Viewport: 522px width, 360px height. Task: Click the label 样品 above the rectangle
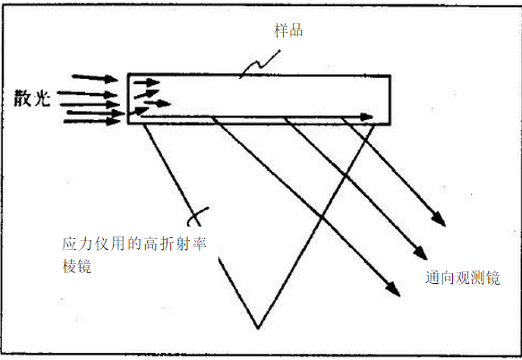(x=288, y=30)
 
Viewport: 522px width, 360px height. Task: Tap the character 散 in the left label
(x=22, y=99)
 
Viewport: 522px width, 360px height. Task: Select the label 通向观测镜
(x=462, y=278)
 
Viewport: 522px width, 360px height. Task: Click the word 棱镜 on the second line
(x=77, y=266)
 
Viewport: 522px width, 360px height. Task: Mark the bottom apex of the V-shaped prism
(x=258, y=329)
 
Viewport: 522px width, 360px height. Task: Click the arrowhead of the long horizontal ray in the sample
(x=366, y=117)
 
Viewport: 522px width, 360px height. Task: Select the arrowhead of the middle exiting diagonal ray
(x=421, y=253)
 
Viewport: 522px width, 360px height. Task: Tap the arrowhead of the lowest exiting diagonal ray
(x=393, y=289)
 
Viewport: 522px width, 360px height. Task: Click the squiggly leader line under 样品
(x=261, y=64)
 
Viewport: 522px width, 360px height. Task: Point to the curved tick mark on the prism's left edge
(x=197, y=217)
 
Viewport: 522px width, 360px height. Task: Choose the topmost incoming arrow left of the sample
(x=95, y=78)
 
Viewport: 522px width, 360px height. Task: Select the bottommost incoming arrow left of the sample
(x=92, y=121)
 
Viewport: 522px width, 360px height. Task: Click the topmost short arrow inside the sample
(x=147, y=81)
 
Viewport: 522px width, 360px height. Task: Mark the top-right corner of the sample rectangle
(x=389, y=76)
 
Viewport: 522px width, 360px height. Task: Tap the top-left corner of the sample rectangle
(x=129, y=74)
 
